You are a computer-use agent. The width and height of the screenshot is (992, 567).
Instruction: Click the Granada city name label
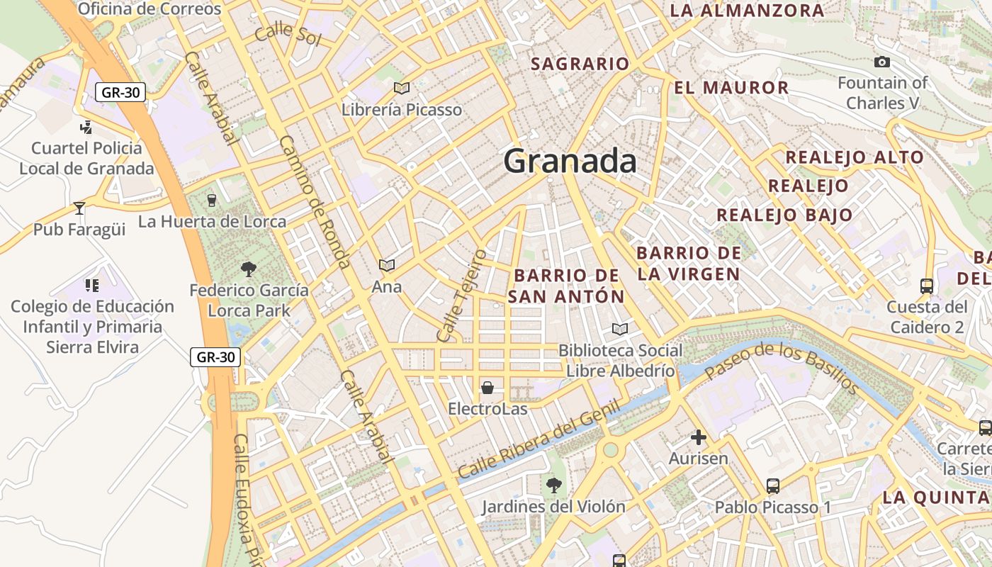pos(570,162)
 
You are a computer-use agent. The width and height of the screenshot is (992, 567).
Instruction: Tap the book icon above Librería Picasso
pos(402,88)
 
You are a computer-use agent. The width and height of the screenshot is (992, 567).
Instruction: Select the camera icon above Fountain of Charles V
pos(882,62)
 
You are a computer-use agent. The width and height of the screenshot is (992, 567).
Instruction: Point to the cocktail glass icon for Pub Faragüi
pos(79,208)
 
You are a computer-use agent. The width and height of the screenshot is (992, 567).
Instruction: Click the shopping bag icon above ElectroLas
pos(487,388)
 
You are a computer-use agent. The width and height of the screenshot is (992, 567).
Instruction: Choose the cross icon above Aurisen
pos(699,437)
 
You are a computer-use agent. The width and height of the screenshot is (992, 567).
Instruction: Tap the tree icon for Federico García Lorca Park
pos(249,269)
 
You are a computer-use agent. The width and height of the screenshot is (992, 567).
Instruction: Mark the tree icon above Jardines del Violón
pos(553,485)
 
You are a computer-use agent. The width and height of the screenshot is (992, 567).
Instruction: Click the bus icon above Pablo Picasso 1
pos(773,486)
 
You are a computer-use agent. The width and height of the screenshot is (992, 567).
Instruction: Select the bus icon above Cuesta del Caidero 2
pos(927,286)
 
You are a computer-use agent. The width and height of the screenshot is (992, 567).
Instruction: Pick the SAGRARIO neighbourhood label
pos(580,64)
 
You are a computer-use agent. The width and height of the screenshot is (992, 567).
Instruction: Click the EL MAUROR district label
pos(731,88)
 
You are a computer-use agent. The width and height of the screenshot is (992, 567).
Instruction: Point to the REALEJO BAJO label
pos(785,215)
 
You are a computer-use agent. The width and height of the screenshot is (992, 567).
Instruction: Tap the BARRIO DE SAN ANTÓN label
pos(567,286)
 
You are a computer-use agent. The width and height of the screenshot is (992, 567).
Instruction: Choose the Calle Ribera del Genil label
pos(539,439)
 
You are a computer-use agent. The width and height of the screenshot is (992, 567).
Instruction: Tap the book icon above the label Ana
pos(387,265)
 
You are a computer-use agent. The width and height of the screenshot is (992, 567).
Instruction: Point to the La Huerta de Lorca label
pos(212,222)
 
